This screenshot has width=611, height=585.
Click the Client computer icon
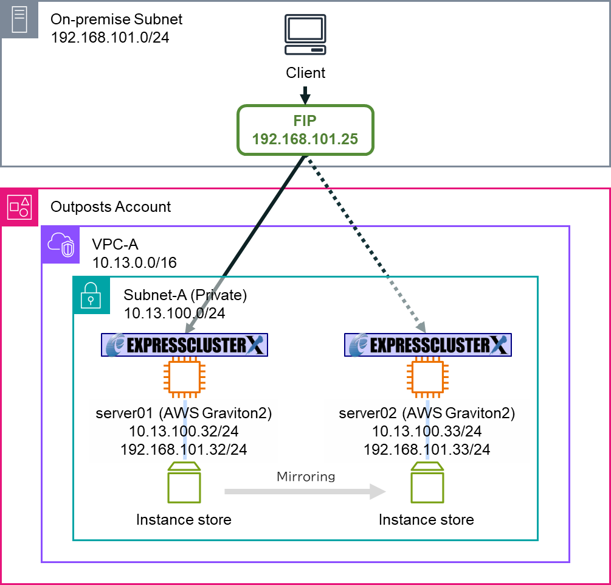click(305, 36)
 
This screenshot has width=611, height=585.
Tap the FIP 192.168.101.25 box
click(305, 130)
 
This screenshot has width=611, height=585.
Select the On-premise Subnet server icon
click(19, 19)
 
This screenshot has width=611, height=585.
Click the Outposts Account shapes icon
click(19, 207)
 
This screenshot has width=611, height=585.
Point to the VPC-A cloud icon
click(60, 245)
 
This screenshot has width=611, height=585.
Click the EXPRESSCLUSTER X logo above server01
click(184, 345)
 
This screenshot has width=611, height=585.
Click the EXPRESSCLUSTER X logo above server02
click(427, 345)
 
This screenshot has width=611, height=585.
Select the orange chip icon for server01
click(184, 377)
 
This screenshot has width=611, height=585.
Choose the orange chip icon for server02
click(427, 377)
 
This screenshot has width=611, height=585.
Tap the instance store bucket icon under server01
click(184, 485)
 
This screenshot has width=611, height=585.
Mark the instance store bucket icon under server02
click(426, 485)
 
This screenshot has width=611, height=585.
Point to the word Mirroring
click(306, 476)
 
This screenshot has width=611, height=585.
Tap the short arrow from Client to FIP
click(305, 95)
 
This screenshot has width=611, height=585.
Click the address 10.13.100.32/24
click(184, 432)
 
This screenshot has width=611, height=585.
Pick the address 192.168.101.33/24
click(427, 450)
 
